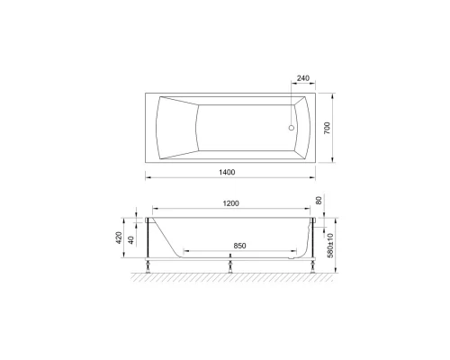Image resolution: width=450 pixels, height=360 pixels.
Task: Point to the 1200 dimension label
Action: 231,202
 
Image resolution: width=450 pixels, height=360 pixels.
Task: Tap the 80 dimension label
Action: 318,202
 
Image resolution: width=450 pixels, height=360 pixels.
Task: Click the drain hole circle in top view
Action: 291,127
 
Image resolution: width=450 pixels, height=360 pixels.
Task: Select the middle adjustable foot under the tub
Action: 231,264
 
